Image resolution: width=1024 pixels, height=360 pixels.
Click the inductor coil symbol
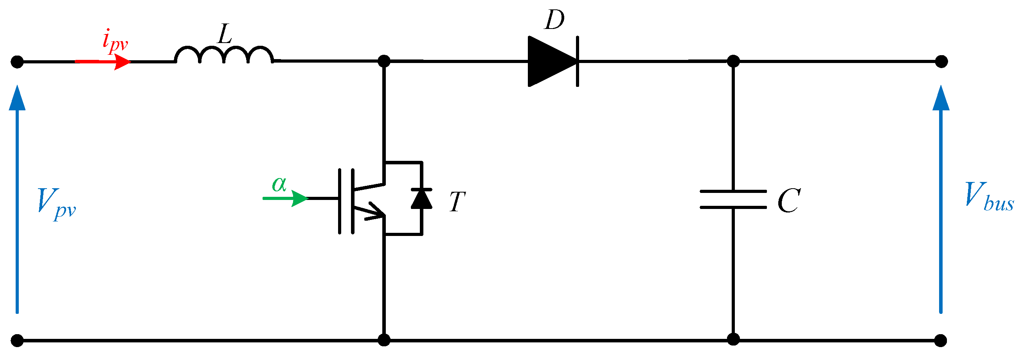click(224, 56)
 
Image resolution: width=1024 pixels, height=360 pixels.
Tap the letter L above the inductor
click(225, 34)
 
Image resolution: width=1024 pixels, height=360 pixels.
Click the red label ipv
click(115, 41)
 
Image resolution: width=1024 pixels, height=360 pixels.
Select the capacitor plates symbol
click(733, 200)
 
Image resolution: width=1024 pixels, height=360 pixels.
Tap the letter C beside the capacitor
click(789, 201)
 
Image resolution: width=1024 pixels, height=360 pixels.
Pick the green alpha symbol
click(279, 184)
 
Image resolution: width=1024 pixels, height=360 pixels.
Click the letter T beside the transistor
click(457, 202)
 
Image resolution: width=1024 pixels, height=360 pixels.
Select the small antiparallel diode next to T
click(421, 199)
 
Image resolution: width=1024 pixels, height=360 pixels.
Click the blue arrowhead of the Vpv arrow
click(17, 98)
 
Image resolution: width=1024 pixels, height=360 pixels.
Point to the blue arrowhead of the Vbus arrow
click(941, 98)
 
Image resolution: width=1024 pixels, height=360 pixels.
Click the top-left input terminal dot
click(17, 62)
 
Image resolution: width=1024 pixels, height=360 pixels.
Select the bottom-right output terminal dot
click(941, 340)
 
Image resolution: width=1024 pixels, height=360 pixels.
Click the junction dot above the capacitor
click(733, 61)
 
